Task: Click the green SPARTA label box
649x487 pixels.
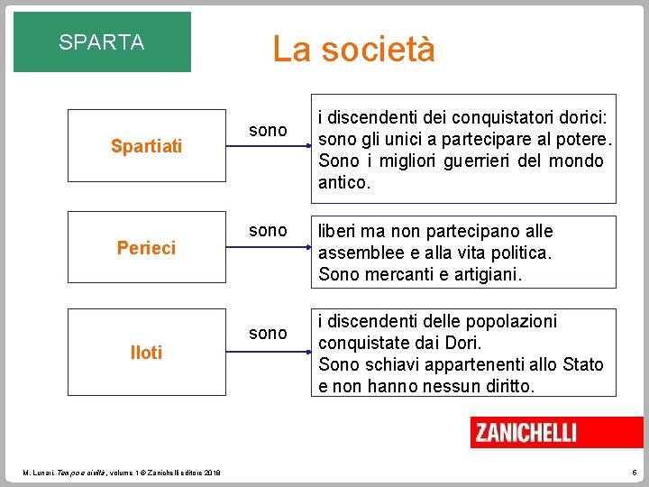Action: tap(102, 41)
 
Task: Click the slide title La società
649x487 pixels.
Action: tap(353, 49)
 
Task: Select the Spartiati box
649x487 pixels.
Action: tap(146, 144)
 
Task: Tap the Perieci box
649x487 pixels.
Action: tap(146, 247)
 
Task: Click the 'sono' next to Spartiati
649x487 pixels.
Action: tap(268, 132)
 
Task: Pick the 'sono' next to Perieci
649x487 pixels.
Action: tap(268, 231)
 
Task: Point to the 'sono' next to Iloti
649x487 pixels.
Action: tap(268, 334)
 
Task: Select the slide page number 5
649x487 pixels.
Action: tap(635, 473)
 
